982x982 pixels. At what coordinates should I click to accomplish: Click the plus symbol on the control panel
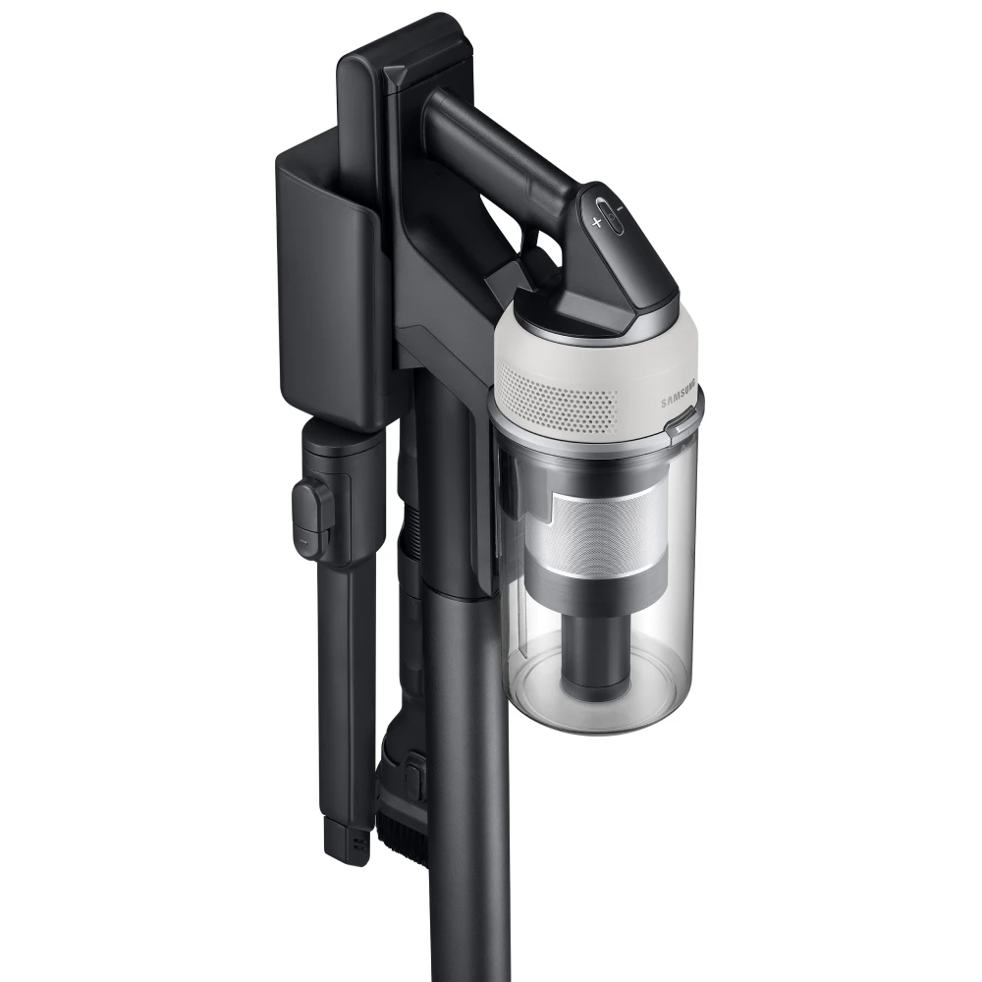point(597,222)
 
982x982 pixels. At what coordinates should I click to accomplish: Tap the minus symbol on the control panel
point(620,208)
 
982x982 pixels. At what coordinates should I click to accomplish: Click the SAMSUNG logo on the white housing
point(679,396)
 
